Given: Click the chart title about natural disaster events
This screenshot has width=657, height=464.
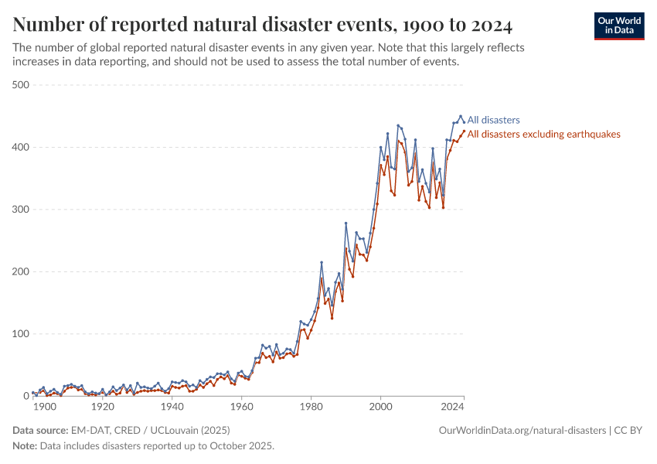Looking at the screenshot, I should coord(263,25).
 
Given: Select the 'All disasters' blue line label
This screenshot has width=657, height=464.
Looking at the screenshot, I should coord(494,120).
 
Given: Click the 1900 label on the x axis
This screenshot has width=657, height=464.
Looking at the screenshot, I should coord(44,406).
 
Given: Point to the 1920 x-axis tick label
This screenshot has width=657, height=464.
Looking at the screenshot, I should coord(102,406).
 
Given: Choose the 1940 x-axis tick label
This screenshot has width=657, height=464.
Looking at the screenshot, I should coord(172,406).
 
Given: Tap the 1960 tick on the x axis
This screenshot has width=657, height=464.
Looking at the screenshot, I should coord(242,406).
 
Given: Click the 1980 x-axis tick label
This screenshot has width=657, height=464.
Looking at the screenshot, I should coord(311,406).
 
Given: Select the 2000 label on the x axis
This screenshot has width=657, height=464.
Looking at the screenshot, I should coord(381,406).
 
